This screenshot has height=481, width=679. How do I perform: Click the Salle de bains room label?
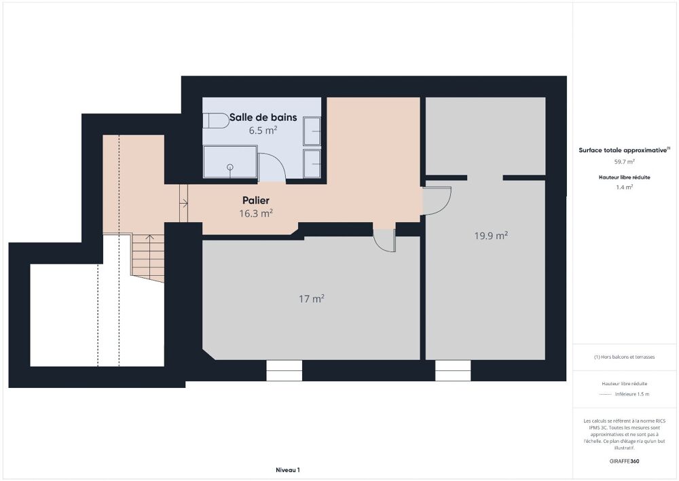coord(263,118)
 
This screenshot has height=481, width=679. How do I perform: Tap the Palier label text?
coord(256,200)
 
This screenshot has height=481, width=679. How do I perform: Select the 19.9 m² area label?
coord(491,236)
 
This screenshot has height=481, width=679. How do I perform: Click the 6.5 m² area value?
coord(263,130)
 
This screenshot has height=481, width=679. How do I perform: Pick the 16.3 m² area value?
coord(256,213)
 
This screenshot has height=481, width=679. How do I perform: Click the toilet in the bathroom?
coord(216,121)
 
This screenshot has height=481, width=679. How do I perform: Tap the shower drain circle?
coord(230,166)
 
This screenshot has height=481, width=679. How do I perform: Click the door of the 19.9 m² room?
coord(436,200)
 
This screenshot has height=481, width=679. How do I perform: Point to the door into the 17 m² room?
coord(384,240)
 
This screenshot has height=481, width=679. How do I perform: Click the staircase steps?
coord(148,257)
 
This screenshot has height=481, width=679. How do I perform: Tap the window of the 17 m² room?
coord(284,370)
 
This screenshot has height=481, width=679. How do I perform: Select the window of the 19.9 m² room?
coord(453,370)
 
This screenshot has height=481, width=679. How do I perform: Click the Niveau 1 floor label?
coord(287,469)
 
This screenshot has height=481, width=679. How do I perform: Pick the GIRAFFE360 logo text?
coord(625,461)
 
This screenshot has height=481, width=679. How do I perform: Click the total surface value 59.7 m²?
coord(625,162)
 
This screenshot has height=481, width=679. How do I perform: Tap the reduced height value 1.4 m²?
coord(625,187)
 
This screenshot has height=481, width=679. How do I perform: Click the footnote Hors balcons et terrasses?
coord(625,357)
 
